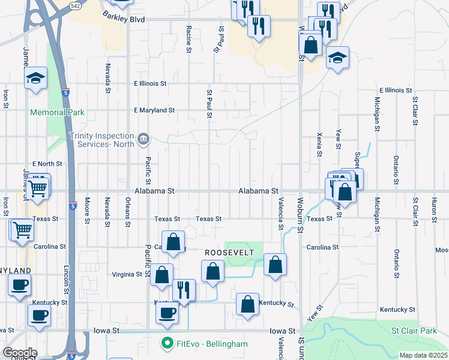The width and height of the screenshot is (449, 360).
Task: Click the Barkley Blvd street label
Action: click(124, 19)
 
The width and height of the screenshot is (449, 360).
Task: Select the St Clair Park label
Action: click(414, 331)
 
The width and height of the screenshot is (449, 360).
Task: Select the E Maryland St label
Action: click(154, 110)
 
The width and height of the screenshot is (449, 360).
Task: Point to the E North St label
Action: click(47, 163)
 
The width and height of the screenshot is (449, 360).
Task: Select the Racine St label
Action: click(188, 39)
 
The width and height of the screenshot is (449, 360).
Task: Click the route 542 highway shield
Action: click(75, 5)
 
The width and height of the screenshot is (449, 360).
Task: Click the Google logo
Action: click(20, 353)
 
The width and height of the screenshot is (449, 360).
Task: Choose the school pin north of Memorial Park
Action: click(35, 78)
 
